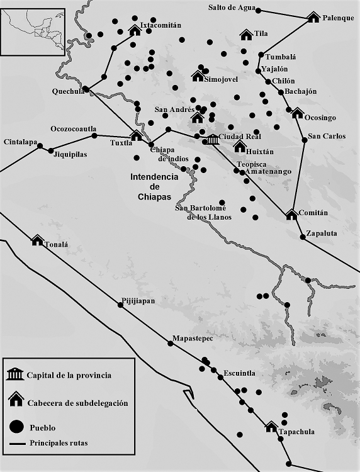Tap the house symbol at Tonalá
pyautogui.click(x=37, y=240)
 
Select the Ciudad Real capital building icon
pyautogui.click(x=212, y=138)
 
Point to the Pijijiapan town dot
pyautogui.click(x=120, y=305)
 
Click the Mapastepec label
pyautogui.click(x=193, y=339)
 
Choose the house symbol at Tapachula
pyautogui.click(x=271, y=427)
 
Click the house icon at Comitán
pyautogui.click(x=291, y=215)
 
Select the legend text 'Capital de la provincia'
pyautogui.click(x=69, y=376)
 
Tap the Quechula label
pyautogui.click(x=68, y=91)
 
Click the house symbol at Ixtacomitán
pyautogui.click(x=134, y=30)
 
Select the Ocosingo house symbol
pyautogui.click(x=296, y=113)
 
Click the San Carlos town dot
pyautogui.click(x=305, y=140)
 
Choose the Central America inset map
pyautogui.click(x=33, y=30)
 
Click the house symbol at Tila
pyautogui.click(x=246, y=35)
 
